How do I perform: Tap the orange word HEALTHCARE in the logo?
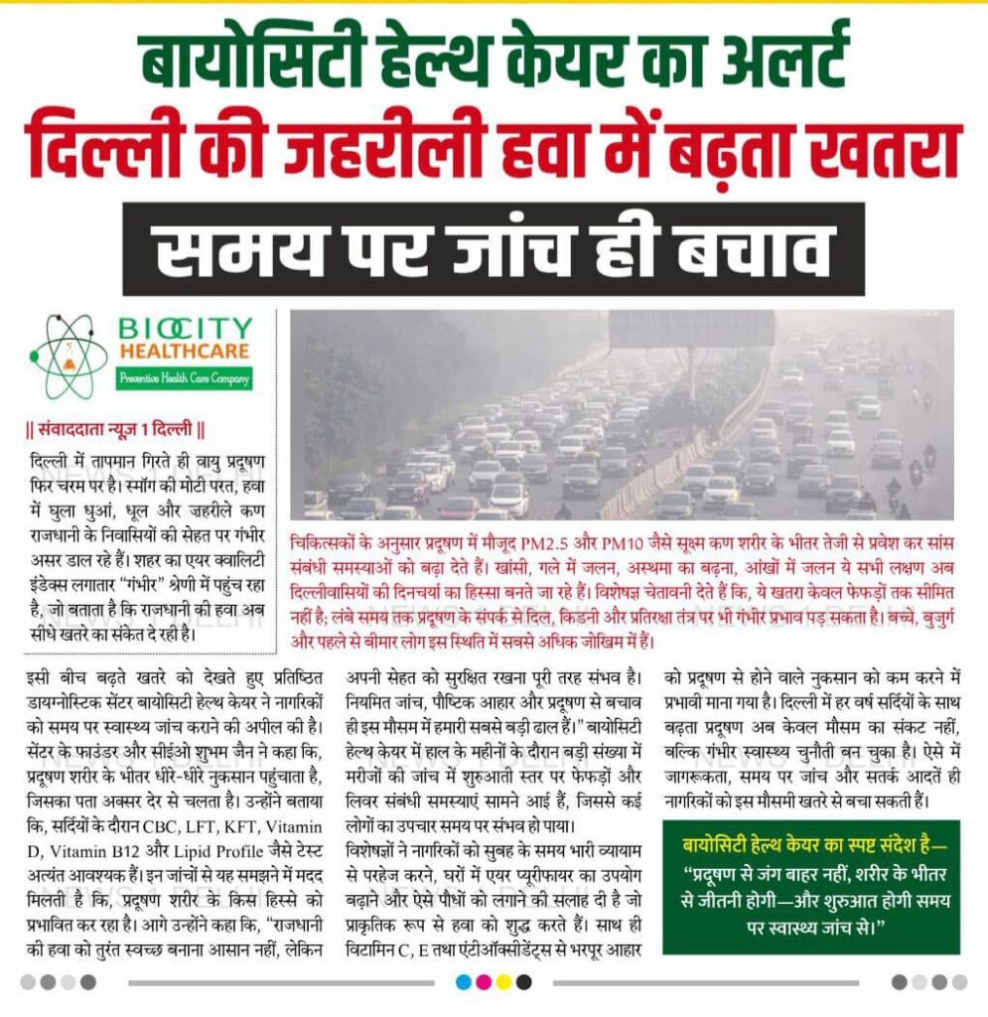[x=185, y=352]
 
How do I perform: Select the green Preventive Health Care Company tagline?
[x=185, y=377]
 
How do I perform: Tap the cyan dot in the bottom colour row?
[x=462, y=982]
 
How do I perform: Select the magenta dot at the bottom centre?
[x=483, y=982]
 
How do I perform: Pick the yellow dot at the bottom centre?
[x=503, y=982]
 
